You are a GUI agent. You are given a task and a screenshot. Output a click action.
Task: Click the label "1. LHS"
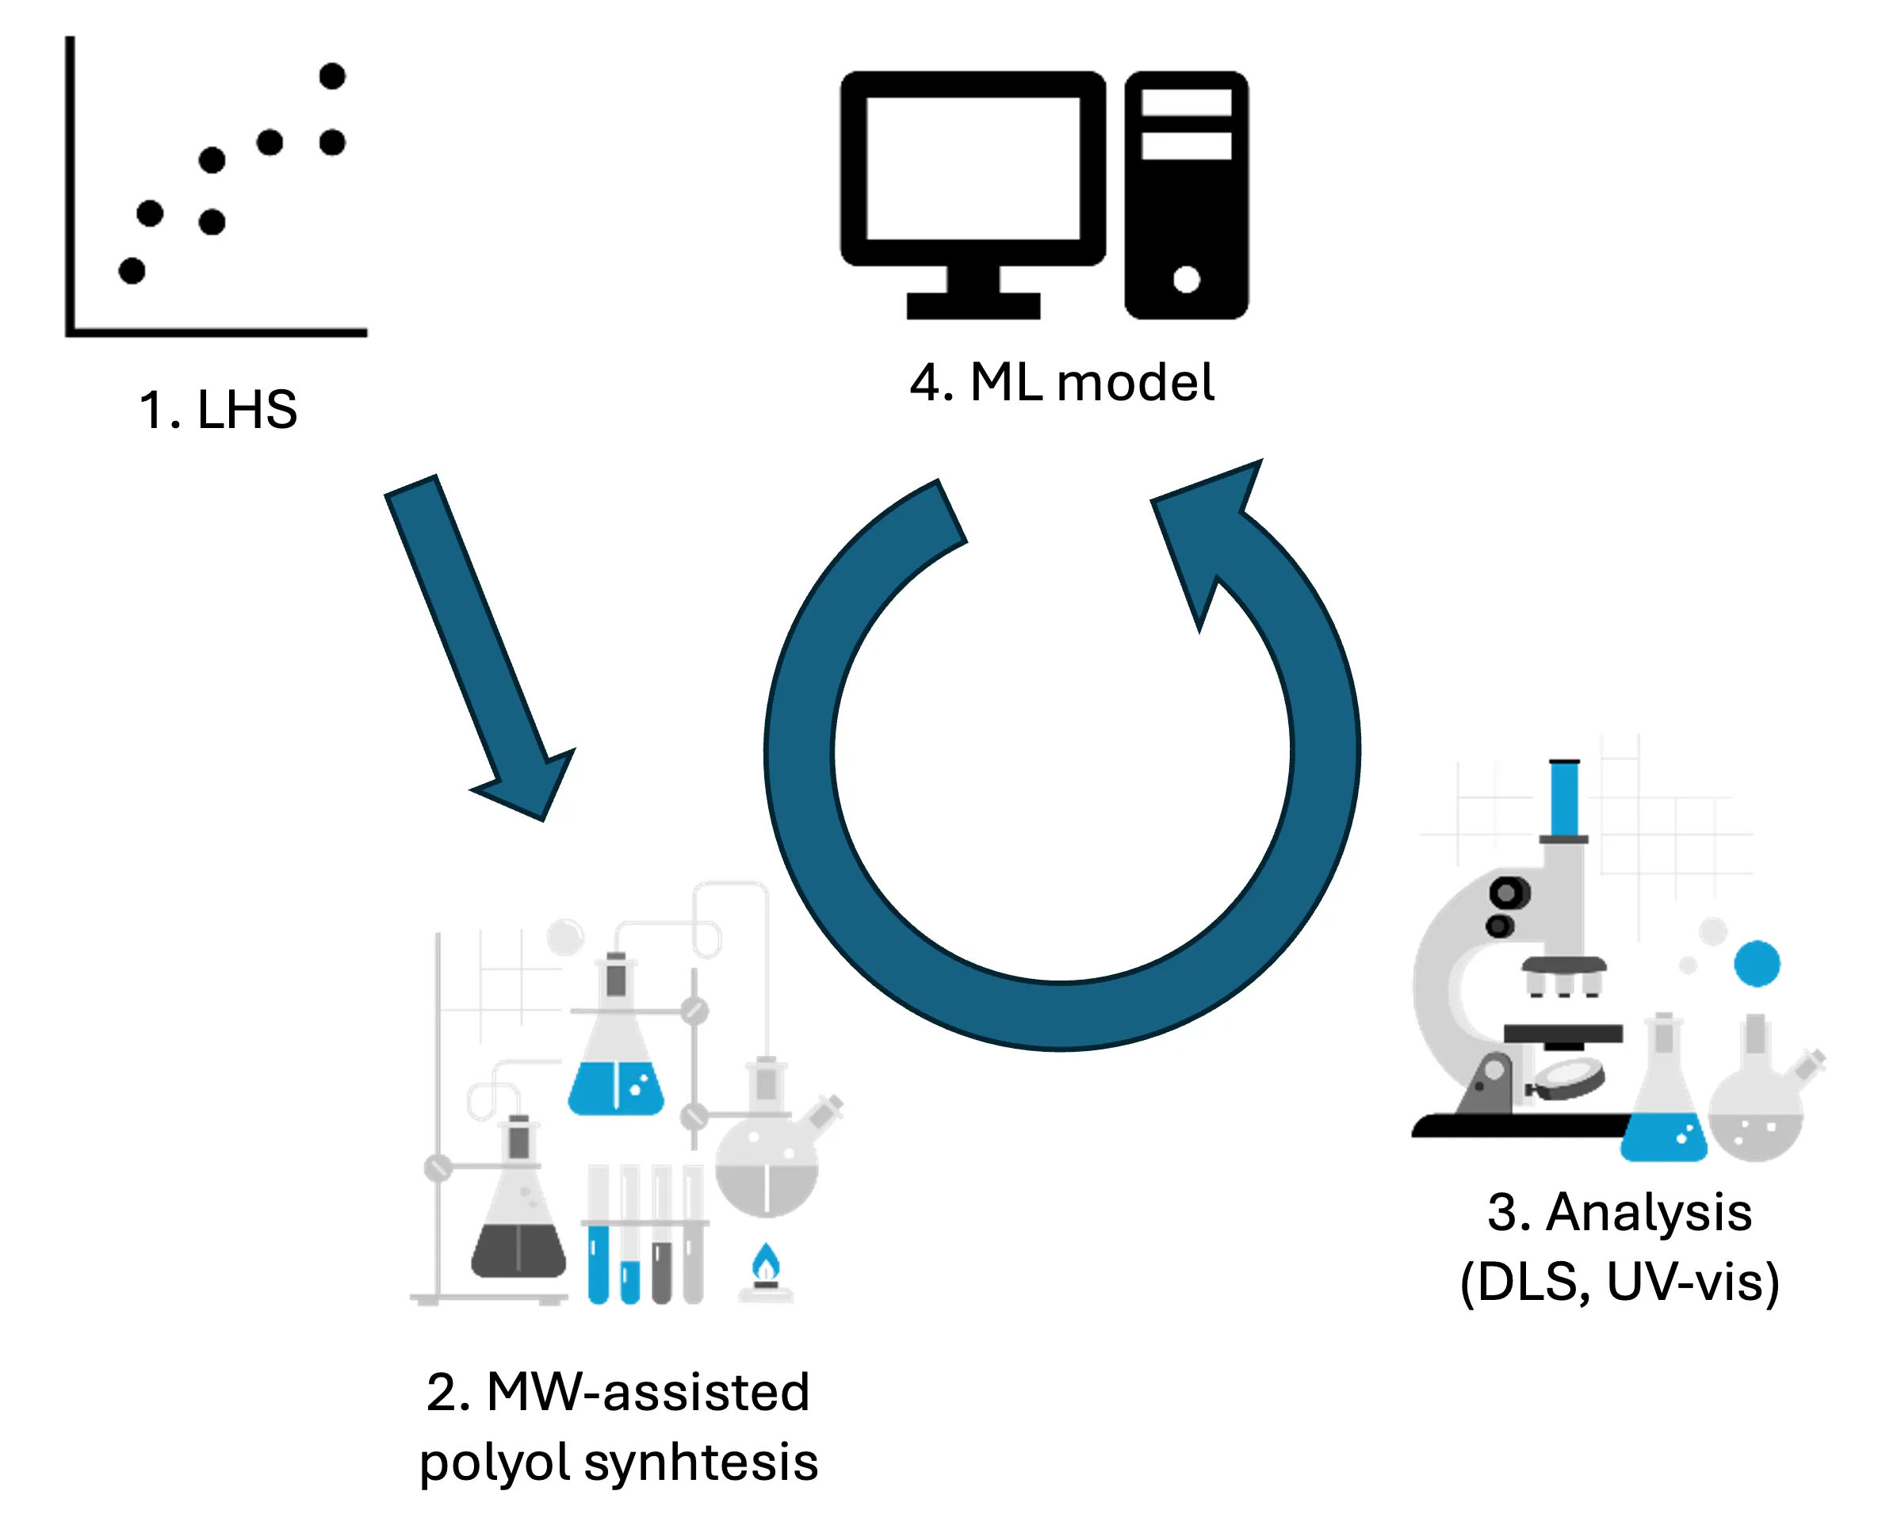coord(218,410)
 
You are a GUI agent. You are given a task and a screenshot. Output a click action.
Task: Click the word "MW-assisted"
coord(648,1393)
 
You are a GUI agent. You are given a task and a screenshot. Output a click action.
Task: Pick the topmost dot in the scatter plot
coord(332,76)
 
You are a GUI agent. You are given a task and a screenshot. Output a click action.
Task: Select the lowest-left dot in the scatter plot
coord(132,270)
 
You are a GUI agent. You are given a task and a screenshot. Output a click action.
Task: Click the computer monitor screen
coord(973,168)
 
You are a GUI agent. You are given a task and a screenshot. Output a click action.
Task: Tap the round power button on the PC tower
coord(1186,280)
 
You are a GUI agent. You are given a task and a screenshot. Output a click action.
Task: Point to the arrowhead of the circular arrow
coord(1210,529)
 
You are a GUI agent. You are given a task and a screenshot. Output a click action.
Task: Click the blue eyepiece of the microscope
coord(1565,797)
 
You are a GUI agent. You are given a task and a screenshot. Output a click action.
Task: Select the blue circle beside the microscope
coord(1756,963)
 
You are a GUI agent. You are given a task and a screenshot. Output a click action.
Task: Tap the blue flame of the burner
coord(766,1263)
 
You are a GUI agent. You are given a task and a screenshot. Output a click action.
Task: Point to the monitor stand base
coord(973,305)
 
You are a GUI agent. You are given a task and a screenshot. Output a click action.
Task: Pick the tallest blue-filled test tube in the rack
coord(598,1263)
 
